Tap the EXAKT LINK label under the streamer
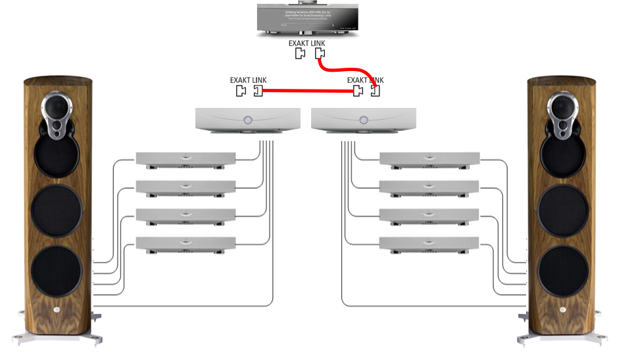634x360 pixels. click(307, 43)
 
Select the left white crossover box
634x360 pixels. click(247, 120)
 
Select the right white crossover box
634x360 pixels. click(364, 120)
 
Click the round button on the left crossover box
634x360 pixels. click(247, 120)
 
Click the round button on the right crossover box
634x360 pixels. click(363, 120)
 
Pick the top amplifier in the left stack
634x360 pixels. click(185, 158)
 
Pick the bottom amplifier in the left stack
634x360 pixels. click(185, 243)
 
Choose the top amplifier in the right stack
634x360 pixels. click(429, 158)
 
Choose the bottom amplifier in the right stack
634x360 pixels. click(429, 243)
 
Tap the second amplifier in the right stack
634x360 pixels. click(429, 186)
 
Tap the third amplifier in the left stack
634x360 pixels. click(185, 215)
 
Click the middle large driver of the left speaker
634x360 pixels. click(57, 211)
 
